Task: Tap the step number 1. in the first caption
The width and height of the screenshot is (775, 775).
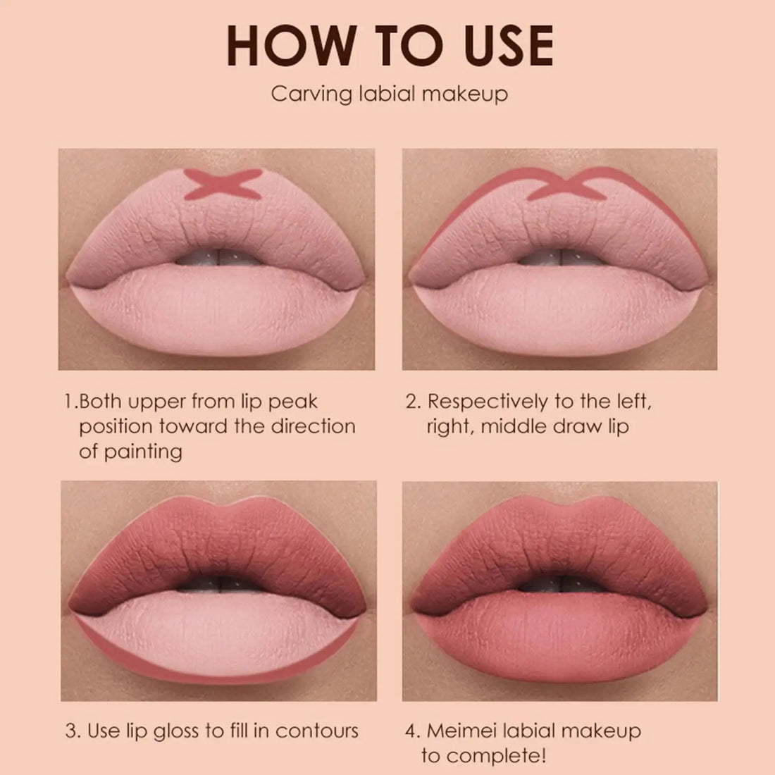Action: pos(70,402)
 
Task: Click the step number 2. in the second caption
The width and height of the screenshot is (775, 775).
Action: pos(413,402)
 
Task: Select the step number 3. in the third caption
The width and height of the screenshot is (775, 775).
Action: pos(73,731)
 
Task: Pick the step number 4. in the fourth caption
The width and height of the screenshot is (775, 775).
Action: pos(413,731)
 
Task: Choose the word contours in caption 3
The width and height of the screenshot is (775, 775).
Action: pos(317,731)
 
